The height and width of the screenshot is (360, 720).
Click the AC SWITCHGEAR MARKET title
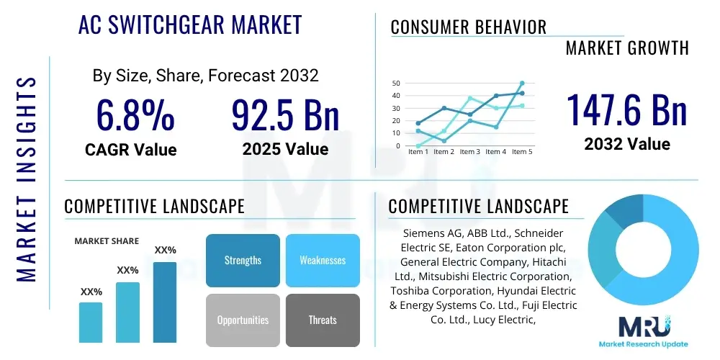point(190,25)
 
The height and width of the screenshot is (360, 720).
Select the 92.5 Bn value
point(285,115)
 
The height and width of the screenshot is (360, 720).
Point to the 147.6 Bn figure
point(626,110)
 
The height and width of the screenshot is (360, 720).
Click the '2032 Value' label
point(626,144)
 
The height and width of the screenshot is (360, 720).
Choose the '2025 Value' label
point(285,149)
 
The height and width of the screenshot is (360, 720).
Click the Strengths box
point(243,260)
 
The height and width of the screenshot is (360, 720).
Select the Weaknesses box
point(323,260)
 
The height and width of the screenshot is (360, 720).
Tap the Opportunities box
point(243,320)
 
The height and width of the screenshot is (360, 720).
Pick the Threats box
point(323,320)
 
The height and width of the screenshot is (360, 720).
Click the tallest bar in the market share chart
point(165,302)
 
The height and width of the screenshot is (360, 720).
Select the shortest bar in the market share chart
point(91,322)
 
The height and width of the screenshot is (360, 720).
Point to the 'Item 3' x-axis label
point(469,152)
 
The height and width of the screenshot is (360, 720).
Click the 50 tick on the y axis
point(396,84)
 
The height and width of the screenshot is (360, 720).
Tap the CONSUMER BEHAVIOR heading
point(469,27)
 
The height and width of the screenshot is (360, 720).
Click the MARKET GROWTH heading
point(627,48)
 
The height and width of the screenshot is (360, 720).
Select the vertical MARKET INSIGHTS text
point(26,176)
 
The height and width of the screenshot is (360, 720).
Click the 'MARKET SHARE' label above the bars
point(107,241)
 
